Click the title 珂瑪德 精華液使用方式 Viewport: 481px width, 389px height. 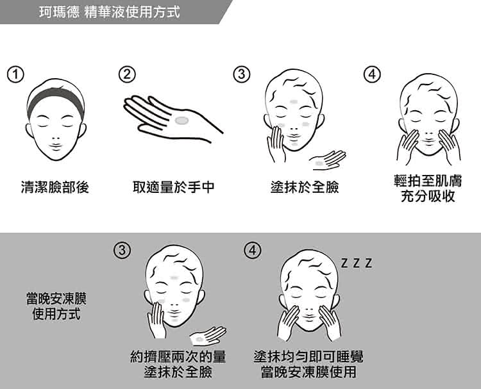click(109, 12)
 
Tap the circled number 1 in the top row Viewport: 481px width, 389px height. click(15, 75)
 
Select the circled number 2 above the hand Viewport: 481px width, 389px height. click(127, 74)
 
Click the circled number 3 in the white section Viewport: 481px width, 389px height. click(242, 74)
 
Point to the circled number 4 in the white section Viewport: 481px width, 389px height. click(372, 74)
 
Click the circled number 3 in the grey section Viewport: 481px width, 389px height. click(122, 250)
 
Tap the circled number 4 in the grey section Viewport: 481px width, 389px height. click(253, 250)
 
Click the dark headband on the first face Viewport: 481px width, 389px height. click(55, 97)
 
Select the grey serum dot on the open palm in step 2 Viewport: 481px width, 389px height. click(181, 120)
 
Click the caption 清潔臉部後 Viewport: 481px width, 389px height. click(55, 187)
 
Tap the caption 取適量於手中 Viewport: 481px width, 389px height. click(173, 187)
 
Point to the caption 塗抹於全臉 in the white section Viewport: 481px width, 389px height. click(305, 187)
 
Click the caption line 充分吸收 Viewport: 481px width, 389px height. click(428, 196)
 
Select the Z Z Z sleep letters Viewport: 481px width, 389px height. click(357, 263)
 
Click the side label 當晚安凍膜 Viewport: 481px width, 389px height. click(56, 299)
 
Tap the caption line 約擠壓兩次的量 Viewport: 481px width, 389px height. click(178, 356)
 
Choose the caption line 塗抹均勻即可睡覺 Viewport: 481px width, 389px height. click(308, 356)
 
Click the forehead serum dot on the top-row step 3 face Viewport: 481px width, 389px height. click(294, 101)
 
